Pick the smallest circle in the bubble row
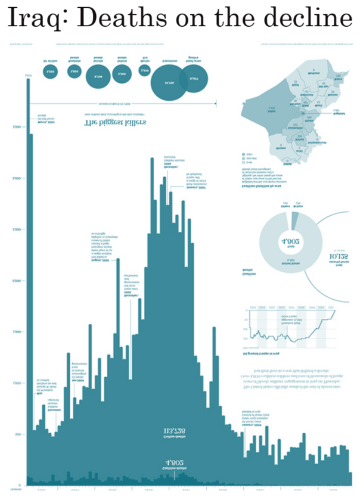pos(144,71)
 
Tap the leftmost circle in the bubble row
pos(49,72)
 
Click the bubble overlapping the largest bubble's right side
pos(193,79)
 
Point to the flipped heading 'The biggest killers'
pos(116,123)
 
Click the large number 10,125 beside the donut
pos(338,258)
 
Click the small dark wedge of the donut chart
pos(294,221)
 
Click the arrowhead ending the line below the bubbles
pos(215,104)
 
